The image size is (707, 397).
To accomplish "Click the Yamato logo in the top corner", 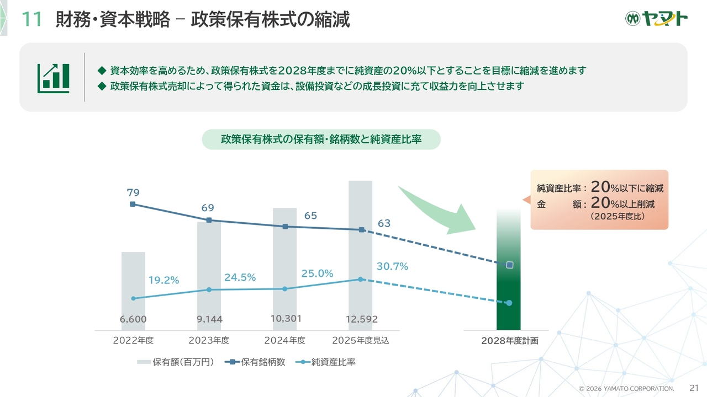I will (656, 19).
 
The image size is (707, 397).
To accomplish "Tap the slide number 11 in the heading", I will (31, 20).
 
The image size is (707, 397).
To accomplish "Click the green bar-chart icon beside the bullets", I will (53, 78).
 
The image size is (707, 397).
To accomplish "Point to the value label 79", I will (133, 192).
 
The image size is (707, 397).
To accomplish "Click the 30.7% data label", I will (392, 267).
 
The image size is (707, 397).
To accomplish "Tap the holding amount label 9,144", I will (209, 319).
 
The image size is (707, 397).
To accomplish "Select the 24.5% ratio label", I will (240, 278).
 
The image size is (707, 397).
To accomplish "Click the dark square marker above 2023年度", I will (209, 220).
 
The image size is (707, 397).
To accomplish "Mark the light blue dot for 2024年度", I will (284, 289).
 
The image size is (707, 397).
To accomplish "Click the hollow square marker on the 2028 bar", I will (509, 265).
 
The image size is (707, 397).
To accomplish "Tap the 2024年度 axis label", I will (284, 340).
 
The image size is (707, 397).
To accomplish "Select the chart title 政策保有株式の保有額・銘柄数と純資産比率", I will (321, 140).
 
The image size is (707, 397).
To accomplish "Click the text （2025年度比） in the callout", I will (617, 217).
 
